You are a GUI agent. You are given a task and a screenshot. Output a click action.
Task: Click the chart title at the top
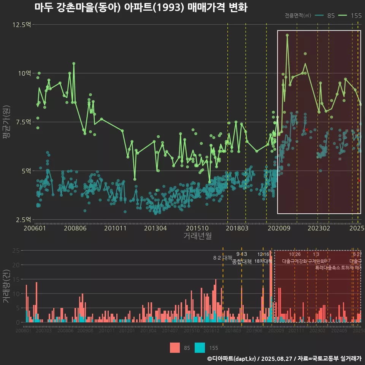141,8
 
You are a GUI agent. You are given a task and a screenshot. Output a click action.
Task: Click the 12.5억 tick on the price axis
22,25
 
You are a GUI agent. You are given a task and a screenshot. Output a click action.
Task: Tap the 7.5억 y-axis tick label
23,122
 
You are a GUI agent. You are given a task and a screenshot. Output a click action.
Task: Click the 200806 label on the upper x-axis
75,228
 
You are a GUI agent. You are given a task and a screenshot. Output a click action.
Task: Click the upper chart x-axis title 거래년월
197,236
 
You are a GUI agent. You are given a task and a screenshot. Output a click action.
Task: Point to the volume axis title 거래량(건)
6,286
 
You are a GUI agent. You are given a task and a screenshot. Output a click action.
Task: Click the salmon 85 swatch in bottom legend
175,348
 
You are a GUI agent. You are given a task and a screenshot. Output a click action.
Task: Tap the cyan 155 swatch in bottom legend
200,348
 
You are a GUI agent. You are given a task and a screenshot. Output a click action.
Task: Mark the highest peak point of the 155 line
287,35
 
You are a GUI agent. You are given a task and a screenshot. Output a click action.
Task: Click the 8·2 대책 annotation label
222,258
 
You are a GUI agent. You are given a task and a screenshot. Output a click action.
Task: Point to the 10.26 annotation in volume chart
295,254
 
